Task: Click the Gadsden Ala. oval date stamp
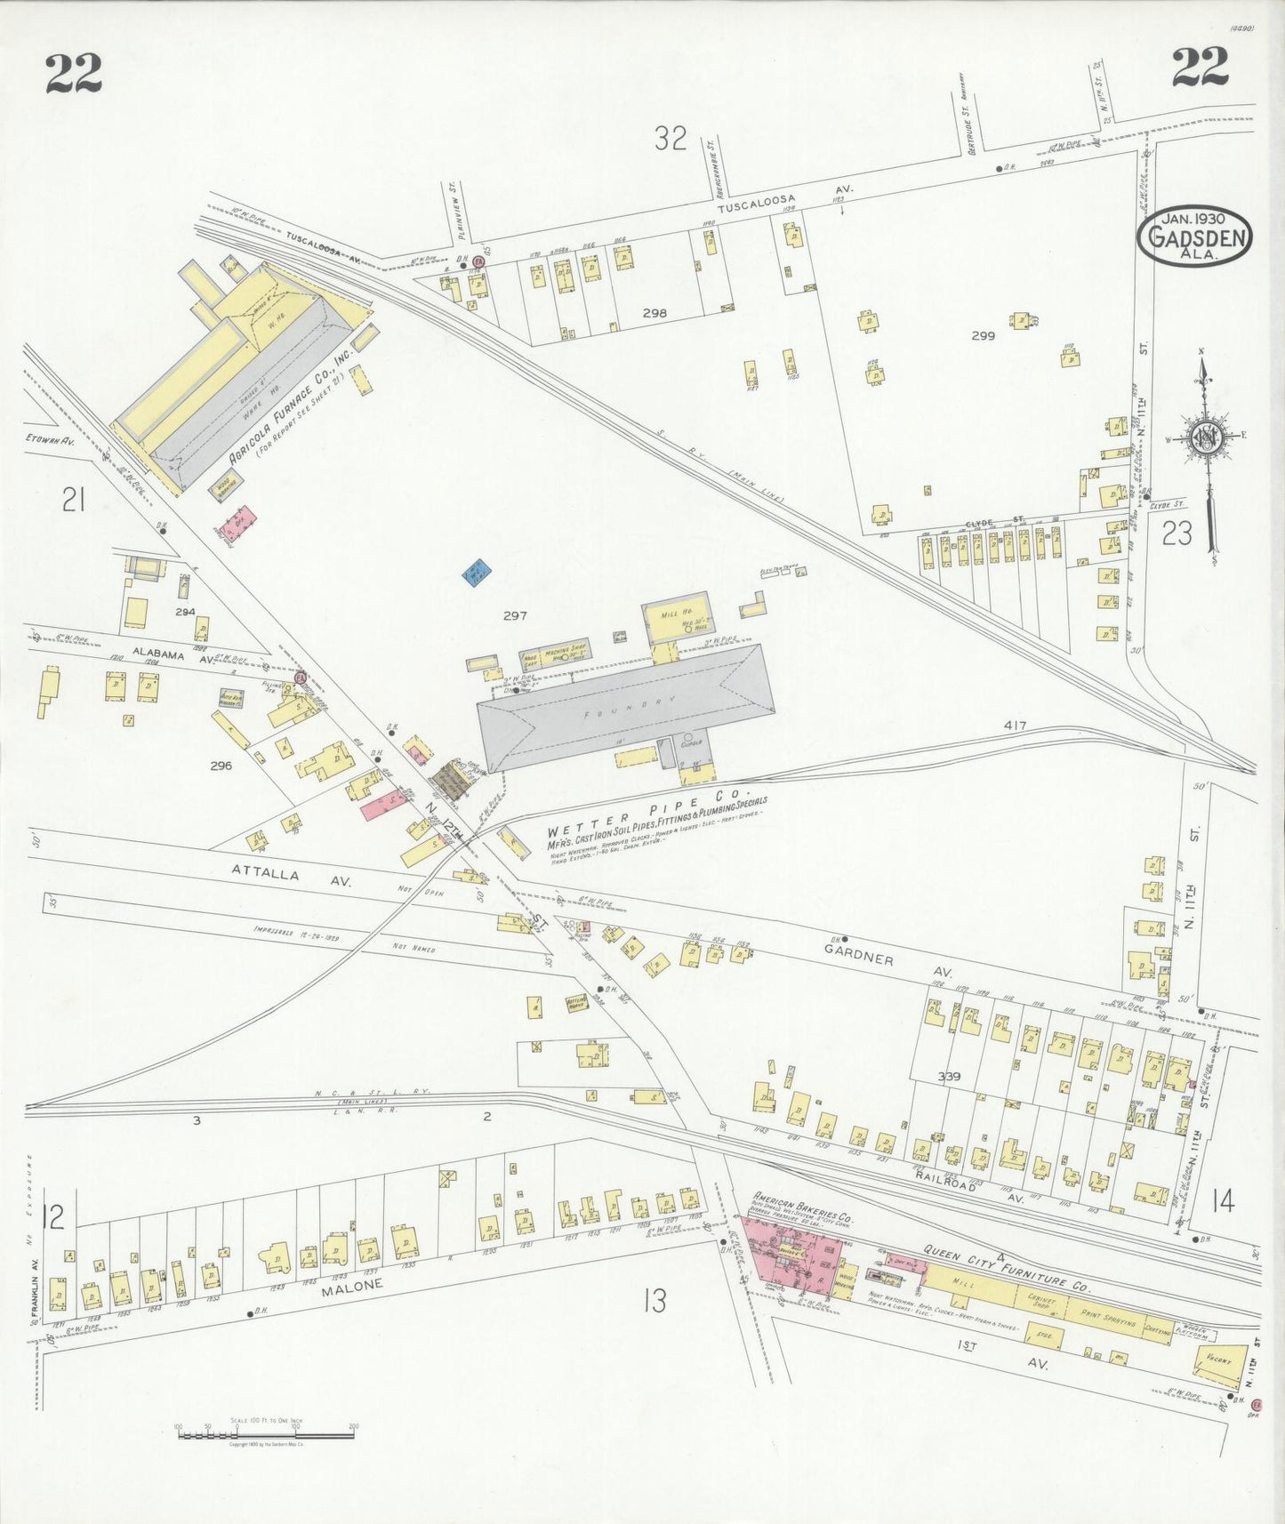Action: tap(1194, 237)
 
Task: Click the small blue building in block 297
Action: tap(478, 571)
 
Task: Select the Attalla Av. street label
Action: tap(293, 877)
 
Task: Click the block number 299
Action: tap(983, 336)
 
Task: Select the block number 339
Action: tap(949, 1077)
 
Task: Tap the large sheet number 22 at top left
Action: tap(74, 73)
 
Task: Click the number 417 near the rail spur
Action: tap(1015, 726)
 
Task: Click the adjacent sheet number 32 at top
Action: tap(671, 138)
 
